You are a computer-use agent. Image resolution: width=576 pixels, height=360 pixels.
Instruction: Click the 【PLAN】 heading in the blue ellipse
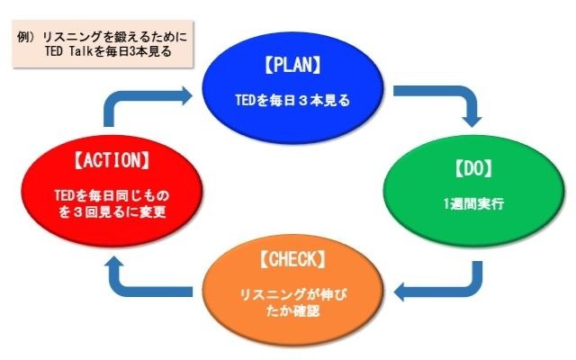[x=292, y=65]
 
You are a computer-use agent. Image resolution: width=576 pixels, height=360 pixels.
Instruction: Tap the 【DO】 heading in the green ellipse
[x=473, y=168]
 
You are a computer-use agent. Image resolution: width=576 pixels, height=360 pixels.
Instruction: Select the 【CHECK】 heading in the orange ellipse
[x=292, y=259]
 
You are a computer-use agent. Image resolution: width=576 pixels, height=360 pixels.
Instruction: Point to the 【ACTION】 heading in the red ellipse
[x=112, y=160]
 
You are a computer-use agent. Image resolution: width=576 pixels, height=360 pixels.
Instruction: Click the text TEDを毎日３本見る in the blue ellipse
[x=292, y=100]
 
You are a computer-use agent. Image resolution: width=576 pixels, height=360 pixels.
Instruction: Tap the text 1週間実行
[x=473, y=203]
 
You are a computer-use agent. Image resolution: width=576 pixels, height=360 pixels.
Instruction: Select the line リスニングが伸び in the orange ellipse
[x=293, y=294]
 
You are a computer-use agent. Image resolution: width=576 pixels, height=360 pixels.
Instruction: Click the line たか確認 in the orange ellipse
[x=293, y=311]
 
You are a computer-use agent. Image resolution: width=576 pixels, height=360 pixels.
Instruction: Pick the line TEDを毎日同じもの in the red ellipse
[x=112, y=195]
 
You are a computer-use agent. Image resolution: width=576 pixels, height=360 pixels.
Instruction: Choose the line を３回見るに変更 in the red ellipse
[x=112, y=212]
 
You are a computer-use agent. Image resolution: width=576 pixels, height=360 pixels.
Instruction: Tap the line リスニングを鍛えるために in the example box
[x=115, y=37]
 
